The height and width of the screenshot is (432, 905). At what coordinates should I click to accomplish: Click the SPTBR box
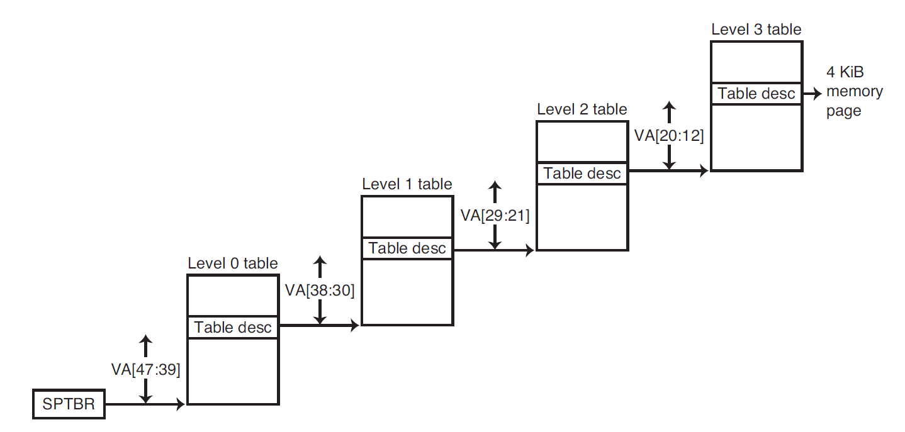pyautogui.click(x=69, y=404)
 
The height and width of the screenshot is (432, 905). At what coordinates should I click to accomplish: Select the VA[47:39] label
pyautogui.click(x=146, y=370)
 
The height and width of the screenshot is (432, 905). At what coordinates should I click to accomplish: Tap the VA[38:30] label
pyautogui.click(x=320, y=291)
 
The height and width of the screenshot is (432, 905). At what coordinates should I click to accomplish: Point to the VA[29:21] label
pyautogui.click(x=495, y=216)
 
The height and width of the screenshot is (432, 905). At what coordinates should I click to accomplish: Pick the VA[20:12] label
pyautogui.click(x=670, y=135)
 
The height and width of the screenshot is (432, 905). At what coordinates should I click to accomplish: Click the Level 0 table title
pyautogui.click(x=232, y=263)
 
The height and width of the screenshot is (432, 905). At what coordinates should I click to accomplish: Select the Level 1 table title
pyautogui.click(x=407, y=184)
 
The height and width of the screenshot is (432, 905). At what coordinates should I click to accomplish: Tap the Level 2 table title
pyautogui.click(x=582, y=109)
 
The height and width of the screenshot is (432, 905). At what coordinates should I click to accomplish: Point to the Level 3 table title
pyautogui.click(x=756, y=30)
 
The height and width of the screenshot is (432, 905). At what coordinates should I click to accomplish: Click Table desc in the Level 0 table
pyautogui.click(x=233, y=327)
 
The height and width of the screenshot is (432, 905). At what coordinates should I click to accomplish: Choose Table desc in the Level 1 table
pyautogui.click(x=407, y=248)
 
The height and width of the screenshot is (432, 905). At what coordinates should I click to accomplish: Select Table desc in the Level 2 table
pyautogui.click(x=582, y=173)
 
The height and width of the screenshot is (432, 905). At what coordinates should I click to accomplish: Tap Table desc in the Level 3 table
pyautogui.click(x=756, y=94)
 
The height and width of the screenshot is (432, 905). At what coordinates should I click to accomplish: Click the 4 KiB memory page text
pyautogui.click(x=854, y=92)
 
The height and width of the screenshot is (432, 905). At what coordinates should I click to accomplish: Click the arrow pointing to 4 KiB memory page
pyautogui.click(x=812, y=94)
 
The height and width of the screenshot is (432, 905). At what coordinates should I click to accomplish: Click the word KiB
pyautogui.click(x=862, y=72)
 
